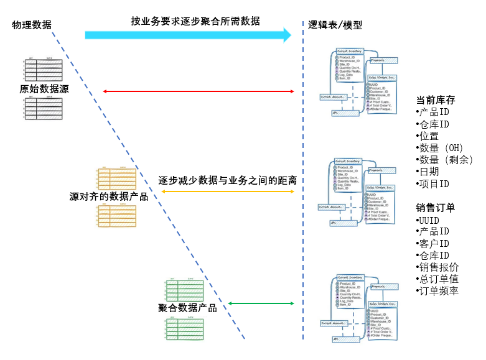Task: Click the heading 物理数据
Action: click(x=32, y=25)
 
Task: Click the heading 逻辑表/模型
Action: click(x=335, y=25)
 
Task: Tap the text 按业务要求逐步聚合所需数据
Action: click(x=195, y=21)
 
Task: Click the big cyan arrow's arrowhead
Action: click(x=287, y=35)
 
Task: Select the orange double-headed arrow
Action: click(x=227, y=192)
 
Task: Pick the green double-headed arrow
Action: click(x=261, y=303)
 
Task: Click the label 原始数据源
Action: click(x=44, y=90)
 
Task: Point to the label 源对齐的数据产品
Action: click(x=109, y=196)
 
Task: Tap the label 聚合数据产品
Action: click(x=187, y=307)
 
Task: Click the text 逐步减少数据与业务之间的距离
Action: click(x=227, y=180)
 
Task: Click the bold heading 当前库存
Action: click(x=436, y=100)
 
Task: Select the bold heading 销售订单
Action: click(x=436, y=208)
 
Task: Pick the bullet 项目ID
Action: click(x=434, y=184)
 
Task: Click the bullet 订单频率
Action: click(x=439, y=291)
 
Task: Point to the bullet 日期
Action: click(x=429, y=172)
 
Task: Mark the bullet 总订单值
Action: click(x=439, y=279)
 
